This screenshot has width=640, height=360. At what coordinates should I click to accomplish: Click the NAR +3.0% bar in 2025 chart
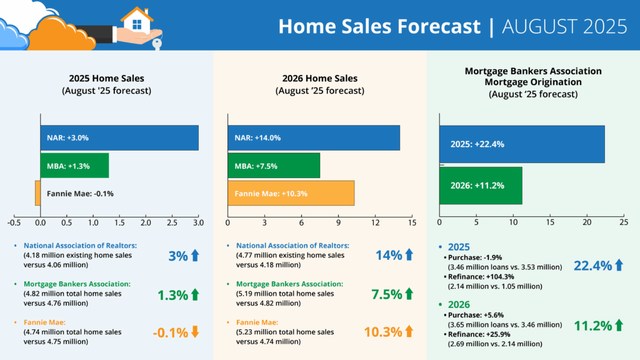(x=119, y=137)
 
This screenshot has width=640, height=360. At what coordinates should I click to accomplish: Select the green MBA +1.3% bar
(x=74, y=166)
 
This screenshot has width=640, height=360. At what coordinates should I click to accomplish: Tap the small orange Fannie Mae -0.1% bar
(x=37, y=192)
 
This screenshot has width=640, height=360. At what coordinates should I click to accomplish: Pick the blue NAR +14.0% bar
(x=313, y=137)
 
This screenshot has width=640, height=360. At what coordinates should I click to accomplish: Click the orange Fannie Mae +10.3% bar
(x=291, y=193)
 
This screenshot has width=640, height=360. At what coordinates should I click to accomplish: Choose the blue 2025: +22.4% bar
(x=522, y=144)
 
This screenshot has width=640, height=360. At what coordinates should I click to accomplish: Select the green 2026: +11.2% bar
(x=481, y=186)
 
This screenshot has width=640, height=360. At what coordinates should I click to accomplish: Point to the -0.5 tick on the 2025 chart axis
(x=14, y=222)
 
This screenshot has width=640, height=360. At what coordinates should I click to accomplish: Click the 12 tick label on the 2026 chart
(x=375, y=222)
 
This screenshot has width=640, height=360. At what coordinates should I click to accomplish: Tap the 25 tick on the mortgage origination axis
(x=623, y=222)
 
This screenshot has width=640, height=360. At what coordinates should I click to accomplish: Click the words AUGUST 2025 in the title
(x=564, y=26)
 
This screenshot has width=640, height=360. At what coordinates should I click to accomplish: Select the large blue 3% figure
(x=177, y=255)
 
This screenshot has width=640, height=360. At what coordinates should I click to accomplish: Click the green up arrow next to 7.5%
(x=410, y=293)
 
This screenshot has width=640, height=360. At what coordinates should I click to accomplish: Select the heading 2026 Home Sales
(x=319, y=79)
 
